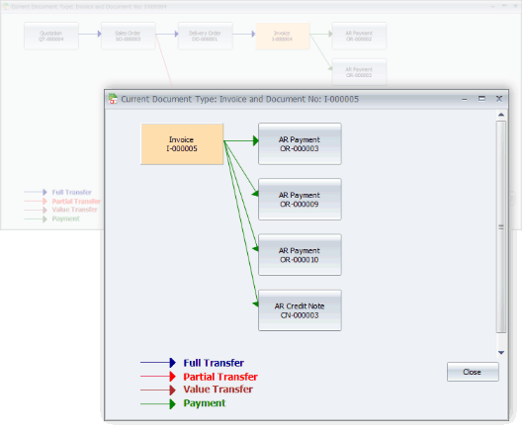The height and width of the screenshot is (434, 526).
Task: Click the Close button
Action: (x=472, y=372)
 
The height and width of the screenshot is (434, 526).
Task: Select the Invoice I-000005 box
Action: (x=182, y=143)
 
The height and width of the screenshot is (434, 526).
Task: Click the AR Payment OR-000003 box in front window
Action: (x=299, y=143)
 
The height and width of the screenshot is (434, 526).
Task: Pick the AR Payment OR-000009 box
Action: (x=299, y=199)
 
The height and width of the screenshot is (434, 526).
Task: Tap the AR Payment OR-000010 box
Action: (x=299, y=254)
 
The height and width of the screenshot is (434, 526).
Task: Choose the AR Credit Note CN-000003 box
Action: (x=299, y=309)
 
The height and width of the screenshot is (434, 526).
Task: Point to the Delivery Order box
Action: (x=205, y=37)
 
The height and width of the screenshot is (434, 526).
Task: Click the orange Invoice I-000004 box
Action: (x=282, y=37)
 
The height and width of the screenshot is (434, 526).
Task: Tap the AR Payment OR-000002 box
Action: (x=359, y=37)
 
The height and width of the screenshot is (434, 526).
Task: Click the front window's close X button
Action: (x=499, y=99)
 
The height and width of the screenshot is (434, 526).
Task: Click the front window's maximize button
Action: (x=482, y=99)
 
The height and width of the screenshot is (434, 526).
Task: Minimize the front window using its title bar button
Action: (x=464, y=99)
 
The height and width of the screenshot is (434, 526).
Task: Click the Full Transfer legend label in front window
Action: (x=213, y=363)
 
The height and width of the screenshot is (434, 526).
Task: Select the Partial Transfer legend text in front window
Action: (x=219, y=377)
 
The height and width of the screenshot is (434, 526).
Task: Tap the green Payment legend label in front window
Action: (x=204, y=402)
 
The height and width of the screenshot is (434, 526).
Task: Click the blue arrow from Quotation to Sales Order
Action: (x=88, y=37)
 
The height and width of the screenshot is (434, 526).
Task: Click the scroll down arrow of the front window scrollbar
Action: (x=500, y=351)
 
